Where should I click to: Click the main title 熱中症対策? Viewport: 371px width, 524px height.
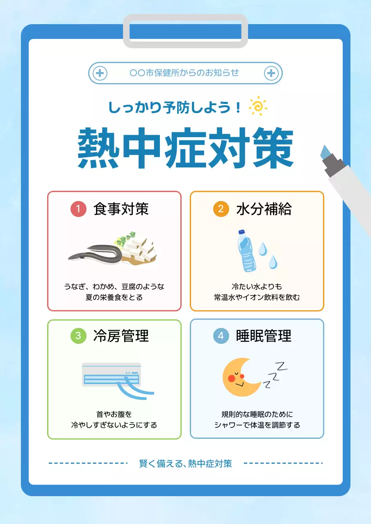[185, 149]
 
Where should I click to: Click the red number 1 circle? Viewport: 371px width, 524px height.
[78, 209]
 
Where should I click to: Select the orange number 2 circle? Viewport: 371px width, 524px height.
[221, 209]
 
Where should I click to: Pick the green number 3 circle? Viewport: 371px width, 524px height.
[78, 336]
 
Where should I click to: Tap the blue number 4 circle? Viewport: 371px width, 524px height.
[221, 336]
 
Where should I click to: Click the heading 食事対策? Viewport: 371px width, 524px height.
[121, 209]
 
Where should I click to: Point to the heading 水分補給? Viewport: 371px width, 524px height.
[264, 209]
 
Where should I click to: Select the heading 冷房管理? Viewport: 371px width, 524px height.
[121, 336]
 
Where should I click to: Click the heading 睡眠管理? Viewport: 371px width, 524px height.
[264, 336]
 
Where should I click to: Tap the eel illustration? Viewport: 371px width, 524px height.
[96, 254]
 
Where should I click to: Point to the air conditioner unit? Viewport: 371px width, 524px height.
[112, 375]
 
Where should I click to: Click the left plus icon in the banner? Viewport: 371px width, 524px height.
[100, 74]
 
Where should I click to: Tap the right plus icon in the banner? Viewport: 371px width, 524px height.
[271, 74]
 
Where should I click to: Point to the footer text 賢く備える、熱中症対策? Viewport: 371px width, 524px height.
[186, 463]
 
